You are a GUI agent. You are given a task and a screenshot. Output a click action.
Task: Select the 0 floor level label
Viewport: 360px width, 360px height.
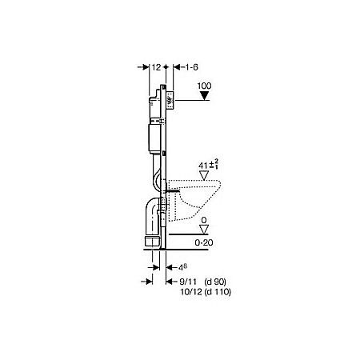pyautogui.click(x=206, y=218)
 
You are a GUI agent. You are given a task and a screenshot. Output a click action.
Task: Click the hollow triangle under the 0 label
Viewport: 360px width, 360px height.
pyautogui.click(x=206, y=229)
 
